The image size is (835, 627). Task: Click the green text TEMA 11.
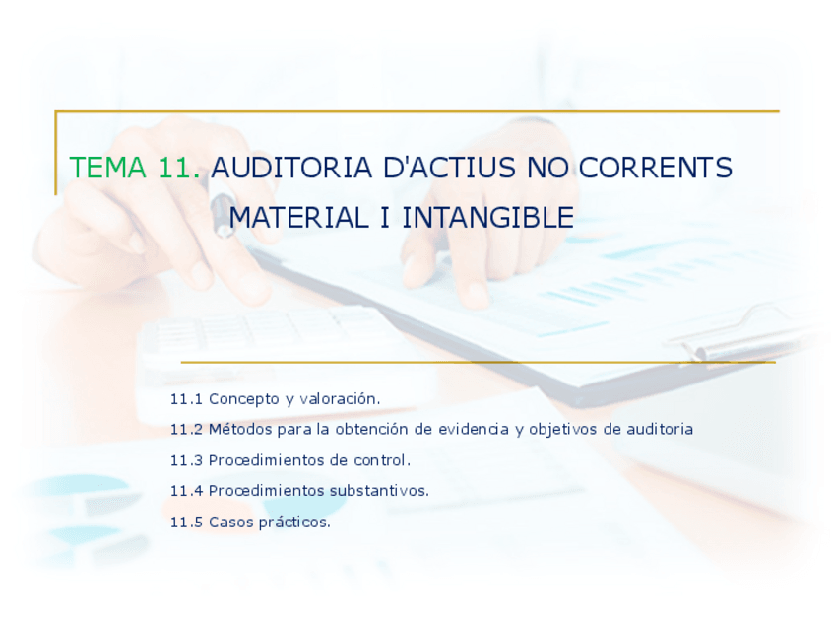pos(135,169)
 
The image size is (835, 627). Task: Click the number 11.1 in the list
pos(186,399)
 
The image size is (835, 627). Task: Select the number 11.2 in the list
pos(186,430)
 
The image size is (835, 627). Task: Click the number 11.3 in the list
pos(186,460)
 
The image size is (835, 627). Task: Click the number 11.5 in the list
pos(186,522)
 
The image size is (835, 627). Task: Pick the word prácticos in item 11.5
pos(294,522)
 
